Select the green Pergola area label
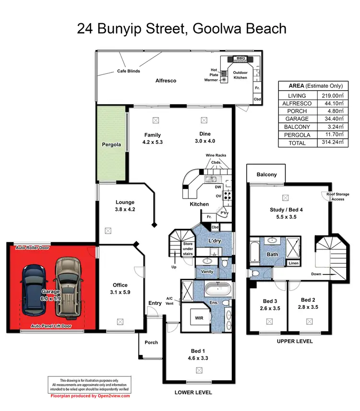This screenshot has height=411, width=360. coord(111,144)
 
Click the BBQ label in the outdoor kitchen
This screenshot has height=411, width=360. coord(240,59)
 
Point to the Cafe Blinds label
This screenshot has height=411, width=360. coord(129,71)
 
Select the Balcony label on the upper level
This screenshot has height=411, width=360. coord(266,175)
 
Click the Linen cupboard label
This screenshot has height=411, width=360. coord(293,263)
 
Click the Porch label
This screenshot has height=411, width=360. coord(151,342)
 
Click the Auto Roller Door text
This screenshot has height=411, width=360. coord(33,248)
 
